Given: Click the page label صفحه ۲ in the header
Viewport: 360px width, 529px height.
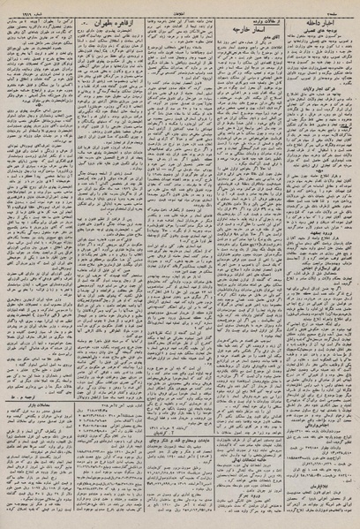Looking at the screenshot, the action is click(343, 5).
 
